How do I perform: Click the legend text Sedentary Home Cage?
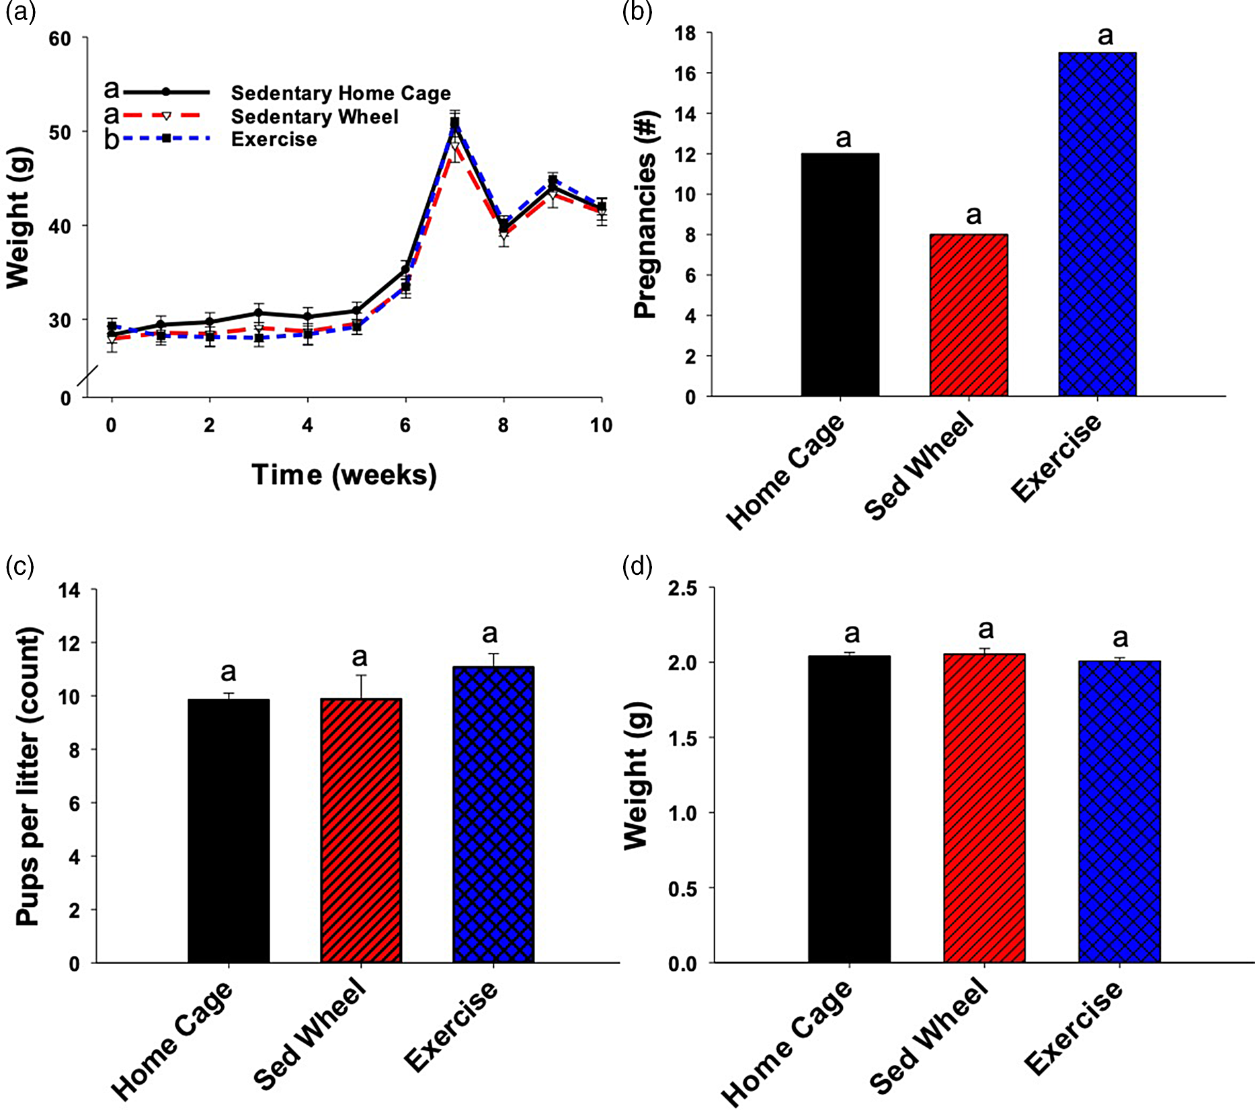tap(340, 93)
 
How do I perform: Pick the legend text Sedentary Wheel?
tap(315, 116)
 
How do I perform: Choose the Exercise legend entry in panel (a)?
tap(274, 139)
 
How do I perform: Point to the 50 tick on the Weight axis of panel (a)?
tap(60, 132)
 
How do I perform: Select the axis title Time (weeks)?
tap(344, 475)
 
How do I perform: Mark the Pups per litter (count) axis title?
tap(28, 777)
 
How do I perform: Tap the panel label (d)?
tap(637, 567)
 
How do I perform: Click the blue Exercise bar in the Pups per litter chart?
tap(493, 814)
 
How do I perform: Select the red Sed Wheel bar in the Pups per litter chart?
tap(361, 830)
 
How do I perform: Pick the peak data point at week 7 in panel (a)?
tap(455, 122)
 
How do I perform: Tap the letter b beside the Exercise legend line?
tap(112, 140)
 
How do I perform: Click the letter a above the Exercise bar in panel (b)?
tap(1105, 36)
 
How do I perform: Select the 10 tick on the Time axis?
tap(601, 425)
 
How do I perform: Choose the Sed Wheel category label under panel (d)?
tap(929, 1035)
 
